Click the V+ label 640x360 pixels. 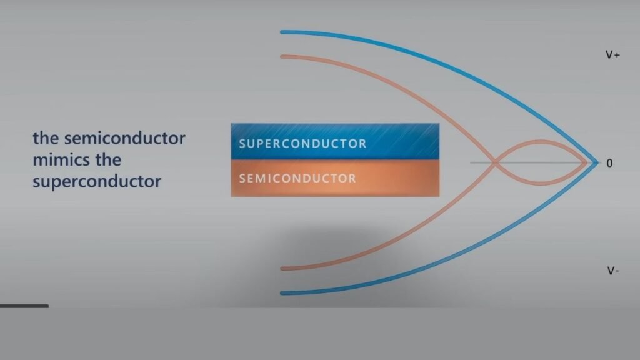pos(612,55)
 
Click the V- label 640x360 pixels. pos(612,271)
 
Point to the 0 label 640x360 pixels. pos(609,163)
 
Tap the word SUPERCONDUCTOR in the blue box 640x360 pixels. pos(302,144)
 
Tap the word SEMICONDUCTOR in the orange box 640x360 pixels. pos(297,178)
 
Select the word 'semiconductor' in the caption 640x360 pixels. pos(124,138)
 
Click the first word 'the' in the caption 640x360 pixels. pos(46,138)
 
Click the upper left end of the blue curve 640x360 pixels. pos(282,32)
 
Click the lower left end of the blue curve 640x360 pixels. pos(282,293)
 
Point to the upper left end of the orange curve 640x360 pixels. pos(282,57)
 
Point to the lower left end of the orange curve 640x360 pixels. pos(282,269)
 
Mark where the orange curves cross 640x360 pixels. pos(496,162)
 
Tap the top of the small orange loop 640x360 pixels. pos(541,142)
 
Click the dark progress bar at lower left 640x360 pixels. pos(24,306)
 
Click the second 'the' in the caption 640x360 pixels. pos(108,159)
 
